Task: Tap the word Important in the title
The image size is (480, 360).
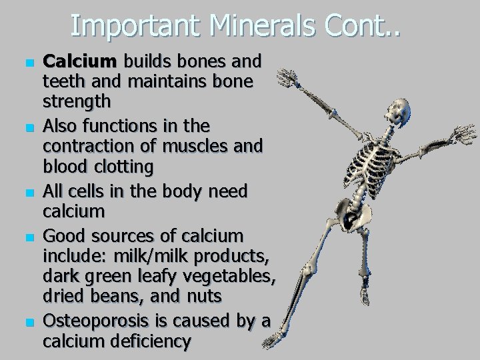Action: pos(134,26)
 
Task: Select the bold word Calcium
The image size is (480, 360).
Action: pos(79,61)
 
